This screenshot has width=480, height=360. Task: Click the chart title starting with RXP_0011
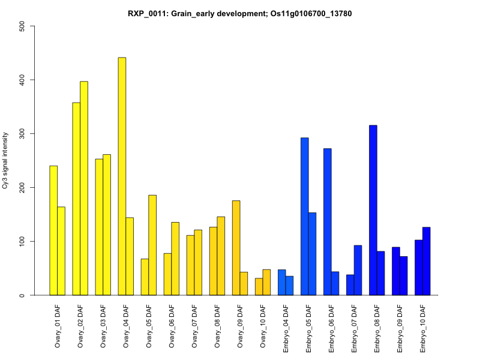coord(240,13)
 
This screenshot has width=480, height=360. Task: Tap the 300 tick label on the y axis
coord(23,133)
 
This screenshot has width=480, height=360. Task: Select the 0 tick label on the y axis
coord(23,295)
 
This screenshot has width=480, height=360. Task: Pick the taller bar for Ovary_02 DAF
coord(84,188)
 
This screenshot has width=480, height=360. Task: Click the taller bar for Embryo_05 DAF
coord(304,217)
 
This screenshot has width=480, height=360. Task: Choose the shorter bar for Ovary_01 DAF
coord(61,251)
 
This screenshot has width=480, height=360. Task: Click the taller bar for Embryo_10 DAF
coord(427,261)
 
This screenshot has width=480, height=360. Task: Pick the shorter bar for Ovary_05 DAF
coord(145,277)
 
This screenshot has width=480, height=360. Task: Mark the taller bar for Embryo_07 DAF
coord(358,270)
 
